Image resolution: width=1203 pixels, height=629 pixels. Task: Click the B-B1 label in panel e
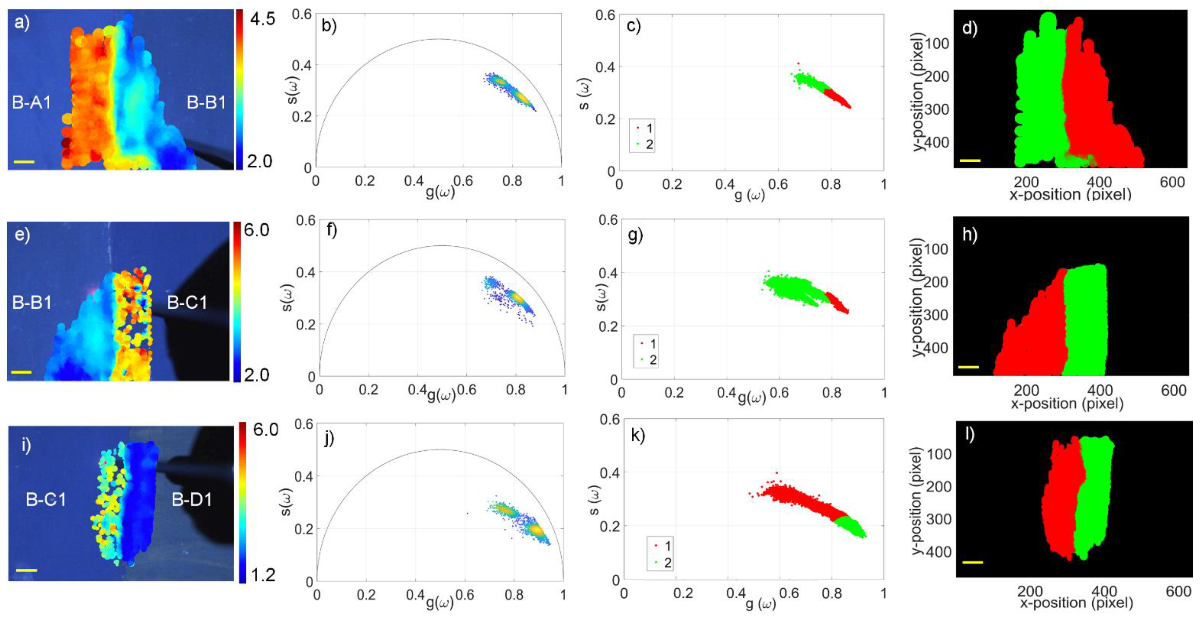click(31, 303)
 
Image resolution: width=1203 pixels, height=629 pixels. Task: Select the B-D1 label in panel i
click(191, 500)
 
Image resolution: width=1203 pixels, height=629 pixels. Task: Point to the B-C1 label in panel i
click(46, 500)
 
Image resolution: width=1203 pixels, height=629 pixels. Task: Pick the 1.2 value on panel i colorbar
click(263, 575)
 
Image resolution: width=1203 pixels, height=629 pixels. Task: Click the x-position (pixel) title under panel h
click(1067, 403)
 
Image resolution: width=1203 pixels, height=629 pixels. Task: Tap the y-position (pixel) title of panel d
click(918, 92)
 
